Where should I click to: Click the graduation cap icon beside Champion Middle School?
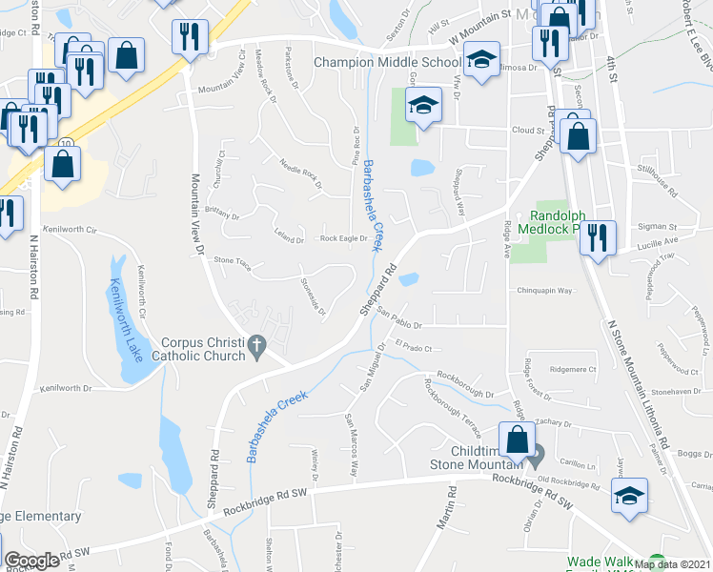[x=482, y=60]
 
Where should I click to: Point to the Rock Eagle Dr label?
[x=343, y=239]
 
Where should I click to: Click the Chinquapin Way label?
[x=544, y=290]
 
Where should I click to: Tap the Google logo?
[x=32, y=561]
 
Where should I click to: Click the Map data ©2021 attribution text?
[x=672, y=564]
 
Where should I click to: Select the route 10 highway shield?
[x=64, y=143]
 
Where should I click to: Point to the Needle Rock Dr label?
[x=300, y=172]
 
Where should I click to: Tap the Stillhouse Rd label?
[x=658, y=181]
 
